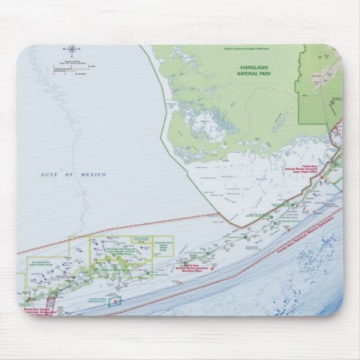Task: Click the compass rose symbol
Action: [71, 49]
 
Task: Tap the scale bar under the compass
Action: [71, 66]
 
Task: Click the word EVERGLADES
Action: [262, 68]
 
